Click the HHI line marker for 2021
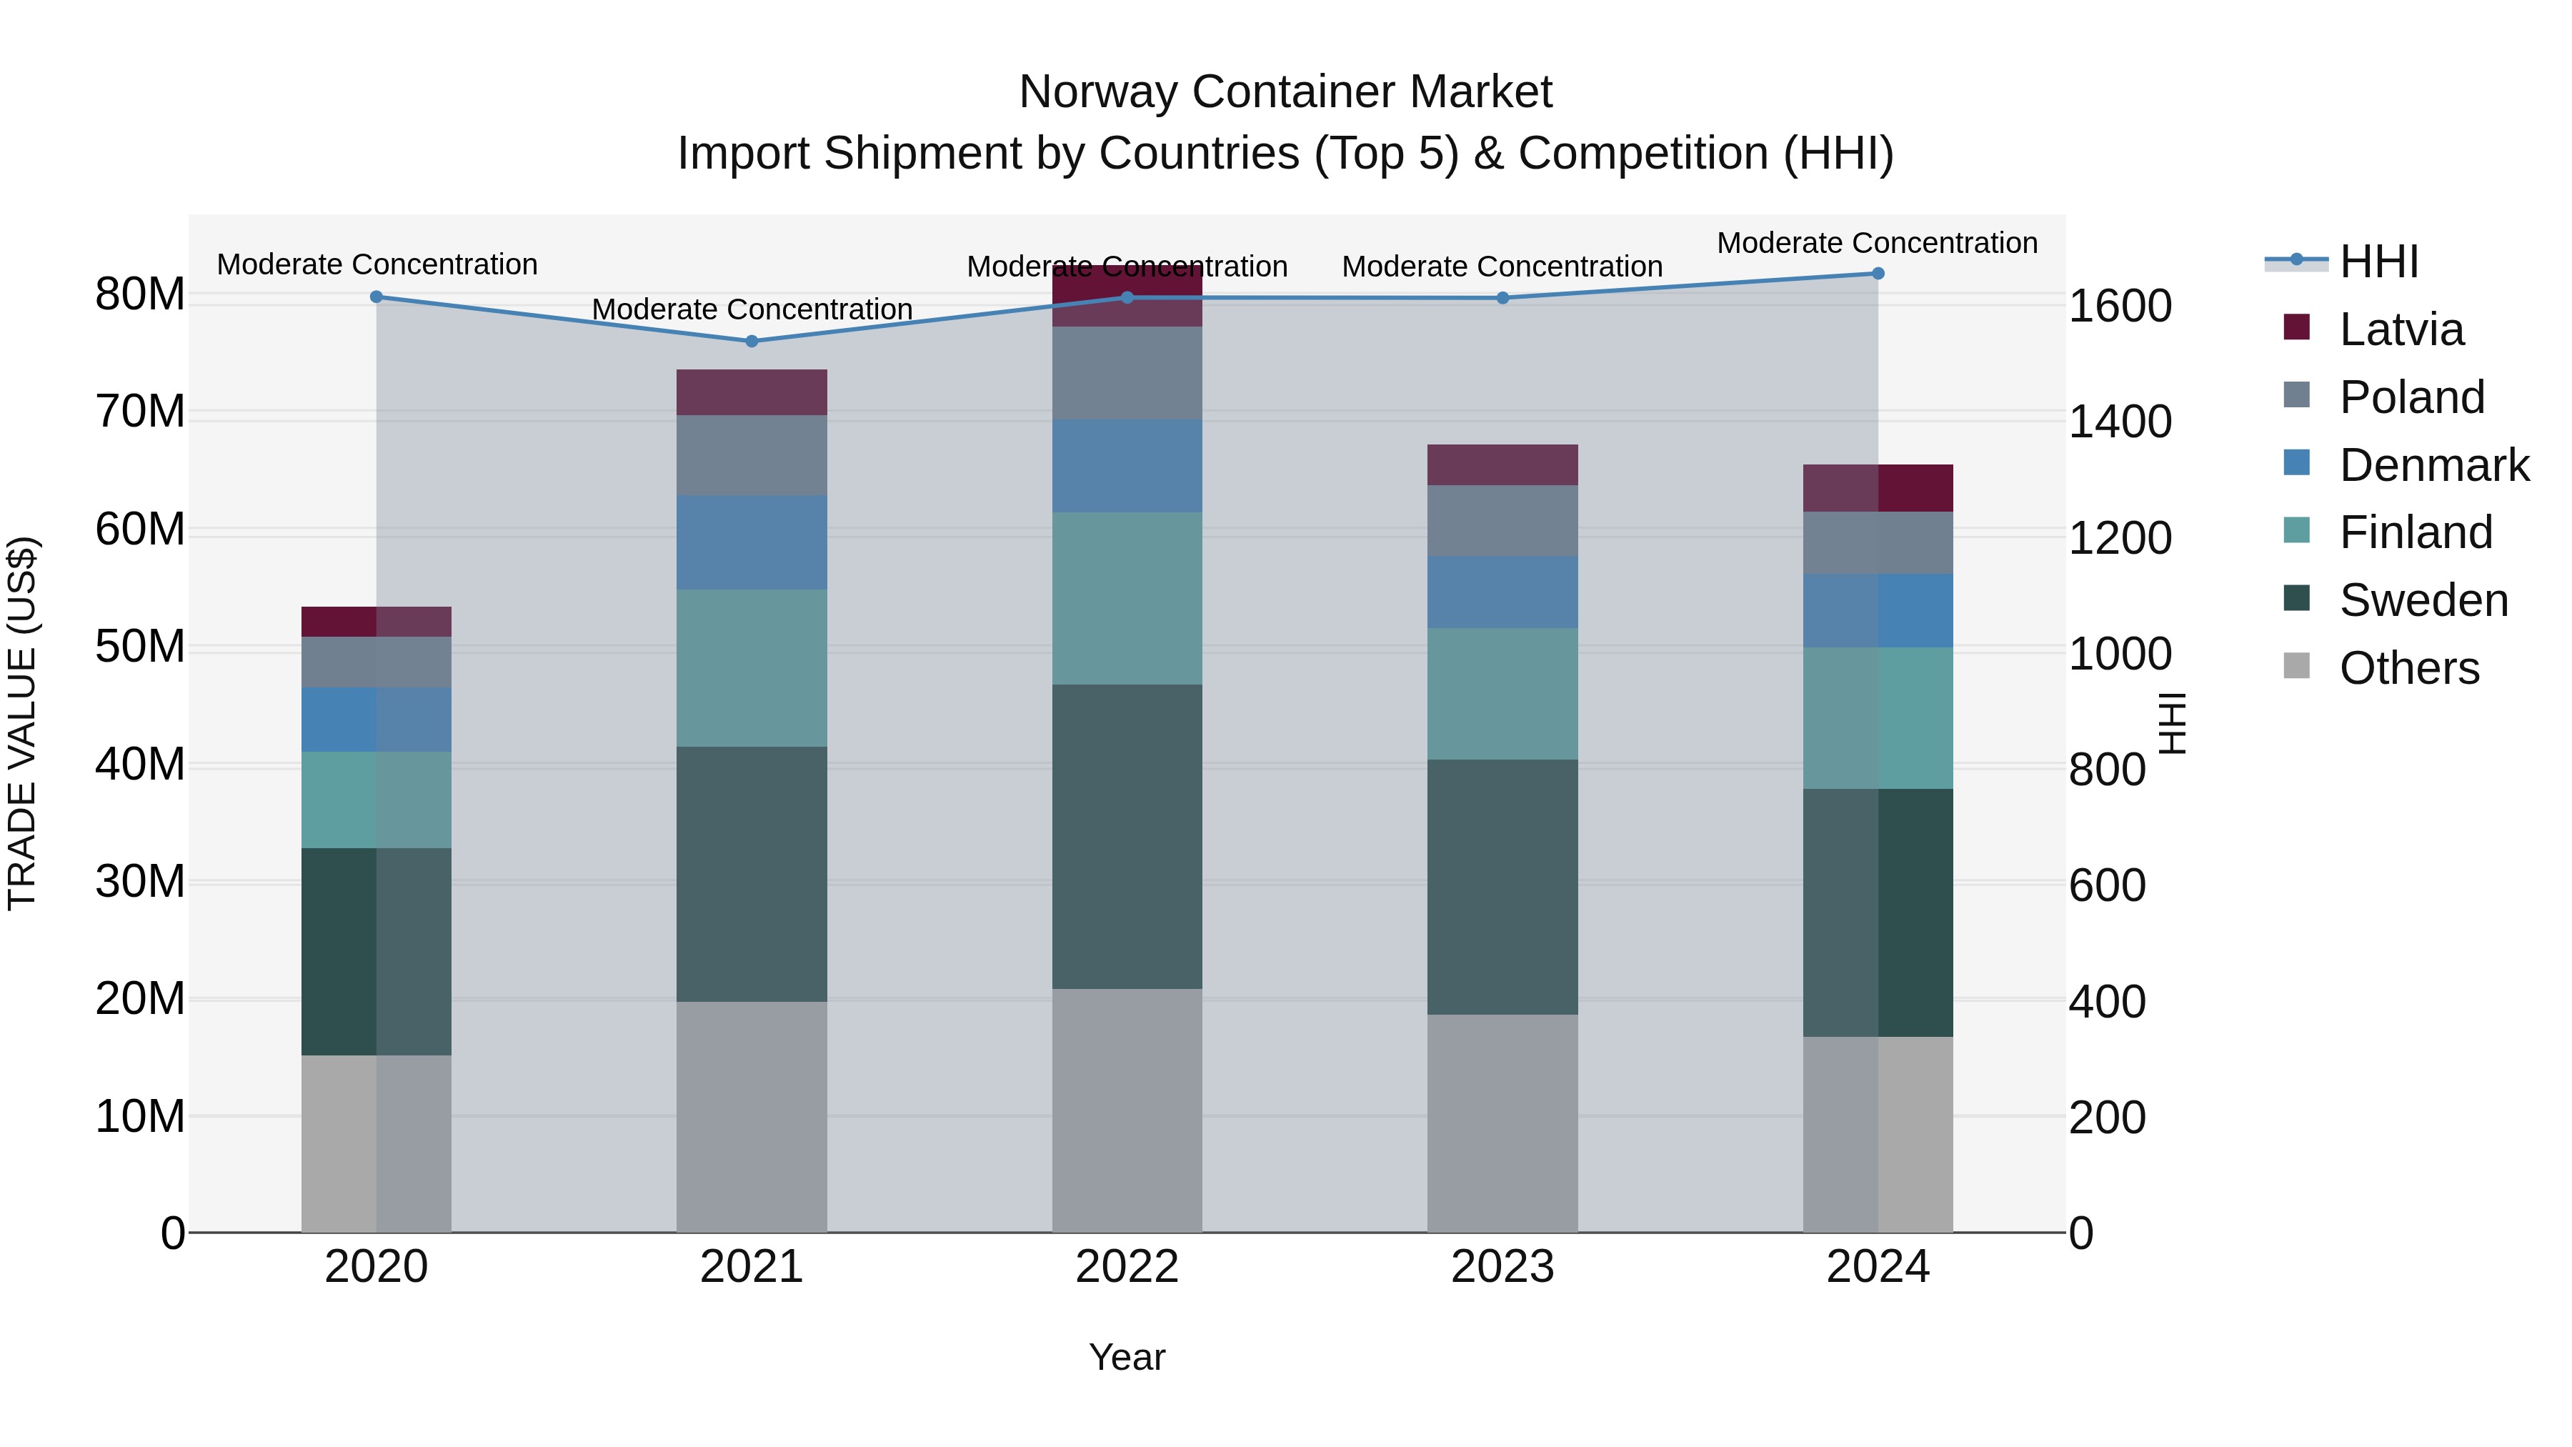[752, 342]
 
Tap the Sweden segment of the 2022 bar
[1127, 836]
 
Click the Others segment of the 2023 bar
[1502, 1123]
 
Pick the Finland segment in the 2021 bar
[752, 667]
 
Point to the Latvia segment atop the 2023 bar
[1502, 465]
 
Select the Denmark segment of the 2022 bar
[1127, 467]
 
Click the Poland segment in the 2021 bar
[752, 455]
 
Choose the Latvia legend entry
[2401, 329]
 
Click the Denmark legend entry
[2433, 465]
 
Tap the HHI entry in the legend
[2378, 262]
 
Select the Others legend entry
[2408, 668]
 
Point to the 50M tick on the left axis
[140, 647]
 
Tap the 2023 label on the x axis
[1502, 1267]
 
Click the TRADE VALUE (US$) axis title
[22, 723]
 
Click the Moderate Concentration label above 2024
[1876, 243]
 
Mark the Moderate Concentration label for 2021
[752, 309]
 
